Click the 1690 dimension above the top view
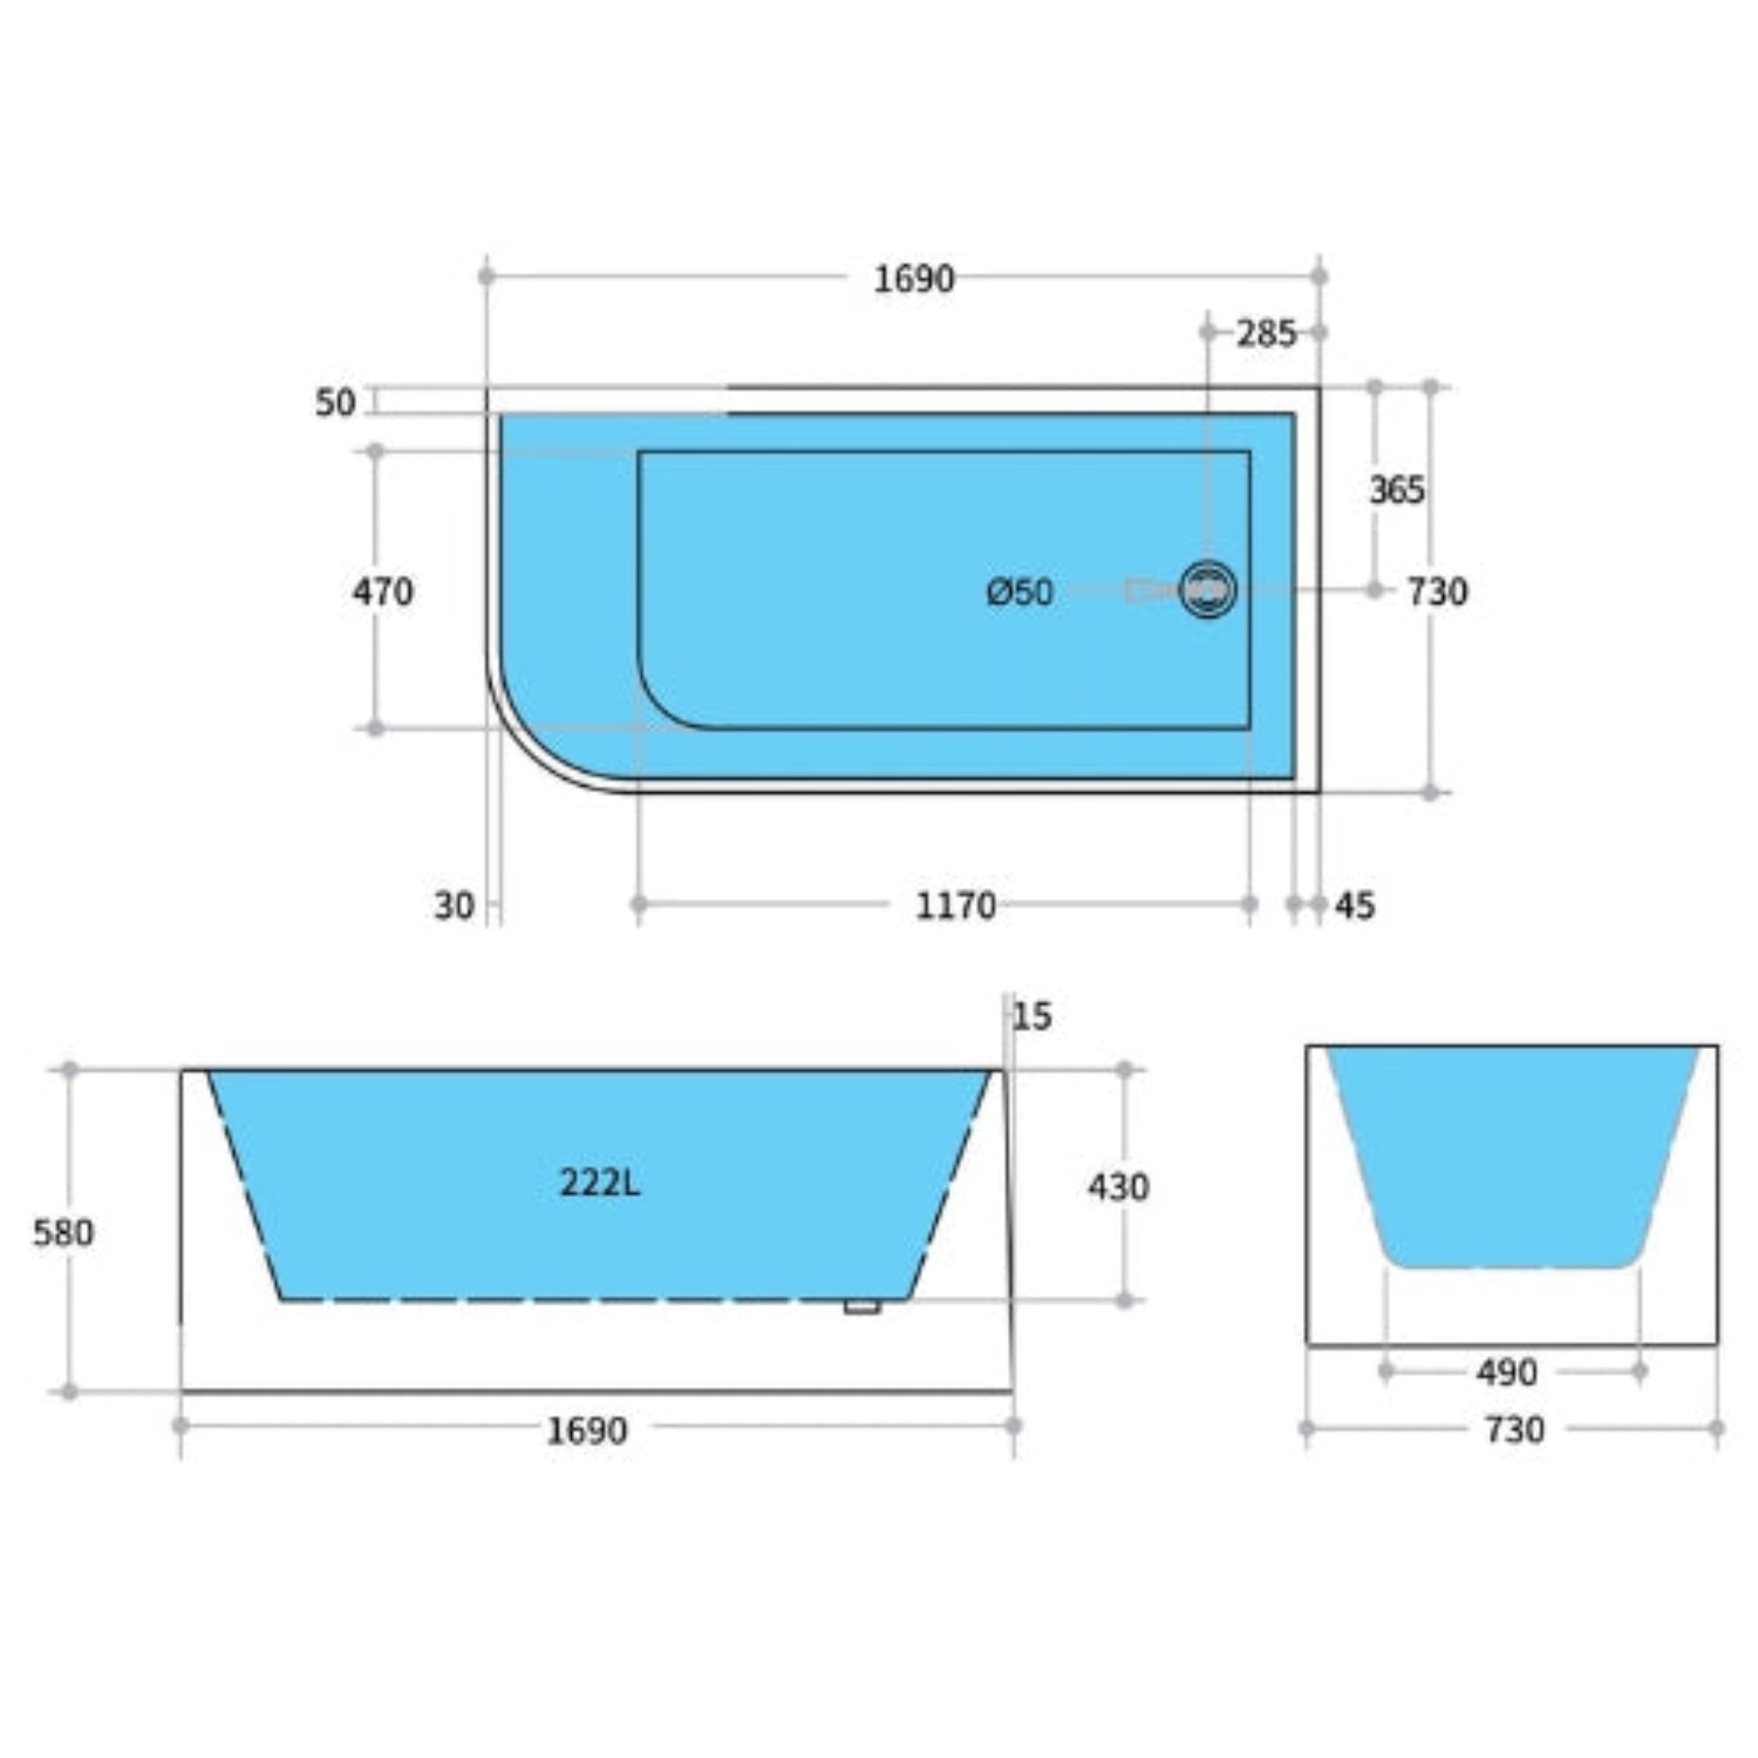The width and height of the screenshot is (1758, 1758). point(913,279)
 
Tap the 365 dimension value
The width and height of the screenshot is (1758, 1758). point(1396,491)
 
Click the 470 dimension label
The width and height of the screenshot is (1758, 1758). point(382,592)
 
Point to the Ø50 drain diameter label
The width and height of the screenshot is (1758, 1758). point(1019,592)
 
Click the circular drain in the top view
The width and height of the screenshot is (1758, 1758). point(1208,590)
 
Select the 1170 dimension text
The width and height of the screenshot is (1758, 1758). point(955,906)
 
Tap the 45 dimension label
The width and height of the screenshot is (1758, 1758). point(1355,906)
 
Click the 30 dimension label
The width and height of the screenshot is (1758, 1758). point(453,906)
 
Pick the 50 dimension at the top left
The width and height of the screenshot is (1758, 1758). point(335,403)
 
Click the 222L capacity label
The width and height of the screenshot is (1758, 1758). point(599,1183)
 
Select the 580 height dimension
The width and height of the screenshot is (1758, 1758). point(63,1233)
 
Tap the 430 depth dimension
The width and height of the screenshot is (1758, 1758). point(1118,1186)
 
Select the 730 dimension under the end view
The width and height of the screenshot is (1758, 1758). point(1514,1430)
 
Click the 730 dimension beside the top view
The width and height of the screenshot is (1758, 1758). point(1437,592)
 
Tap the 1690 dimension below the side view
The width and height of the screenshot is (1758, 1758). point(586,1431)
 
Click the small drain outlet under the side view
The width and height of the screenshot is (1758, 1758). point(861,1307)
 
